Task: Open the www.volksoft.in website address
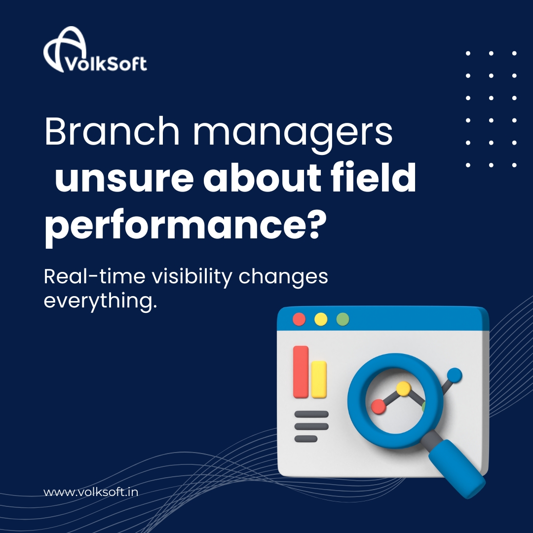tap(90, 492)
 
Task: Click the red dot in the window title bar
tap(299, 319)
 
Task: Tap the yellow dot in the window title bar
tap(321, 319)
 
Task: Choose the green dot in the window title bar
tap(343, 319)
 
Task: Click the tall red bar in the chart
tap(301, 372)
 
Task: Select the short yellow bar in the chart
tap(319, 379)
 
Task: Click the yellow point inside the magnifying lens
tap(404, 388)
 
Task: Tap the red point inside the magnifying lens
tap(379, 406)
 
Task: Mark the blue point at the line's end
tap(455, 375)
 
